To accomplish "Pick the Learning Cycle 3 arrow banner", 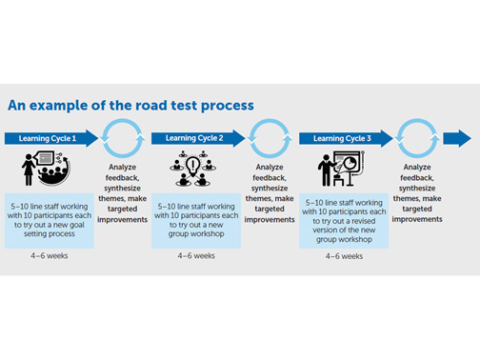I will tap(344, 138).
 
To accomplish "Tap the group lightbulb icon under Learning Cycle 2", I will tap(194, 170).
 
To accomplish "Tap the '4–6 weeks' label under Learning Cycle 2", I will tap(195, 255).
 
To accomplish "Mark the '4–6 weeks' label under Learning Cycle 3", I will tap(344, 255).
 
